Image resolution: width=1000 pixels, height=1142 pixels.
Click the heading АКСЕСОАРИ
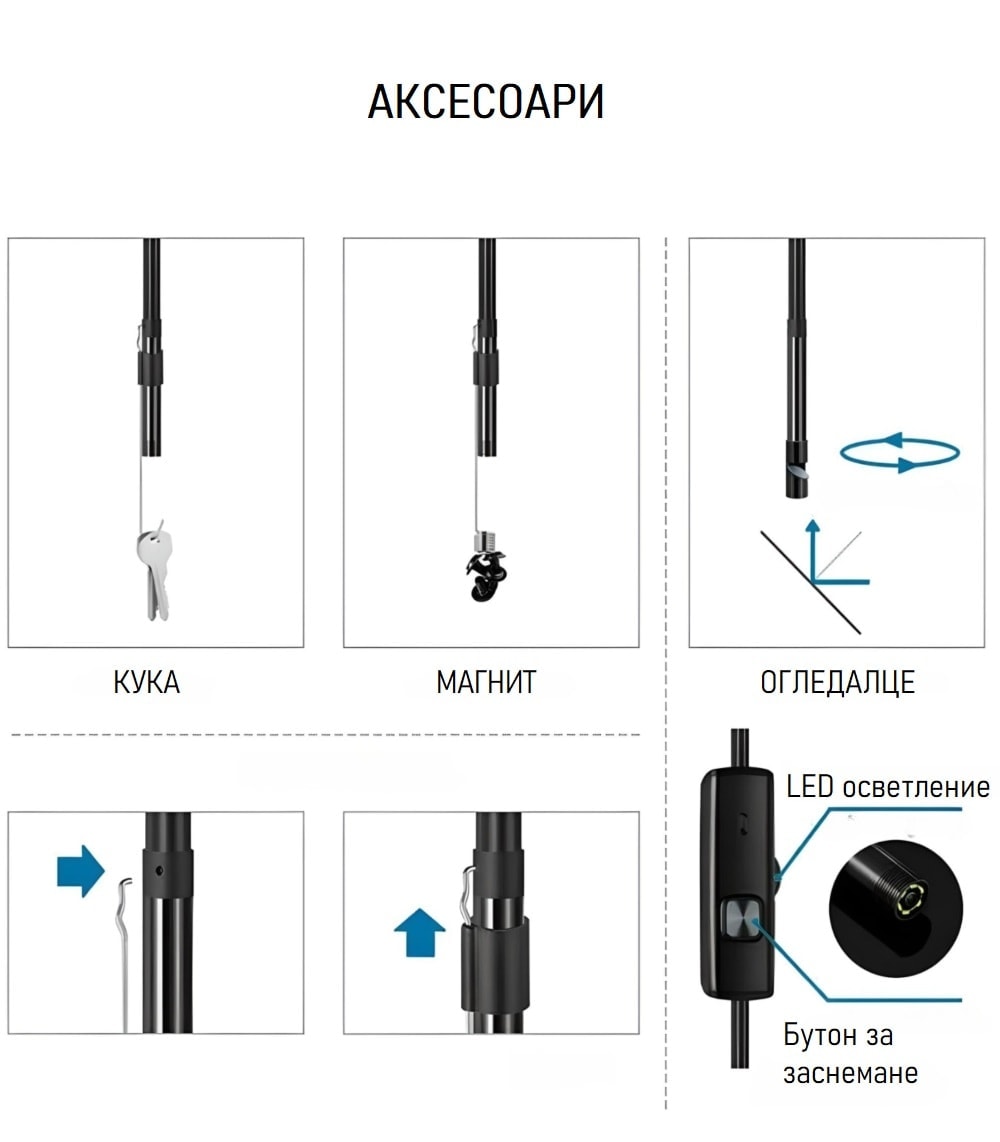[486, 101]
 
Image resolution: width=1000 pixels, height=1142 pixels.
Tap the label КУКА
[146, 682]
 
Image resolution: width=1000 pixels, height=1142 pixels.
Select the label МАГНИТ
[486, 682]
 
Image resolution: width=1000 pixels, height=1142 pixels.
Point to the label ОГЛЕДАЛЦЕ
[838, 682]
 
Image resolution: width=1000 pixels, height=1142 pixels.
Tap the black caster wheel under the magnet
[487, 577]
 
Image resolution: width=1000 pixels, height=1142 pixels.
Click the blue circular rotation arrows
[899, 453]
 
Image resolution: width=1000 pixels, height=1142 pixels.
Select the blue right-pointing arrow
[80, 871]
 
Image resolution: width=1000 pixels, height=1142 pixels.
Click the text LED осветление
[888, 787]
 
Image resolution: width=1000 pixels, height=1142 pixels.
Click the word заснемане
[850, 1073]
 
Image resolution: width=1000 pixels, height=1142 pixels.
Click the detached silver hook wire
[125, 954]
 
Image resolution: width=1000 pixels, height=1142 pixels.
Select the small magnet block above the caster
[486, 542]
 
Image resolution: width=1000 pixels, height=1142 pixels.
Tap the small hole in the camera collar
[159, 870]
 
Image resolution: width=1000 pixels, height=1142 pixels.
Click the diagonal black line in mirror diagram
[811, 583]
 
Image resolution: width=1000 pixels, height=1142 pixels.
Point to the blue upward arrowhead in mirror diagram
[813, 525]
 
